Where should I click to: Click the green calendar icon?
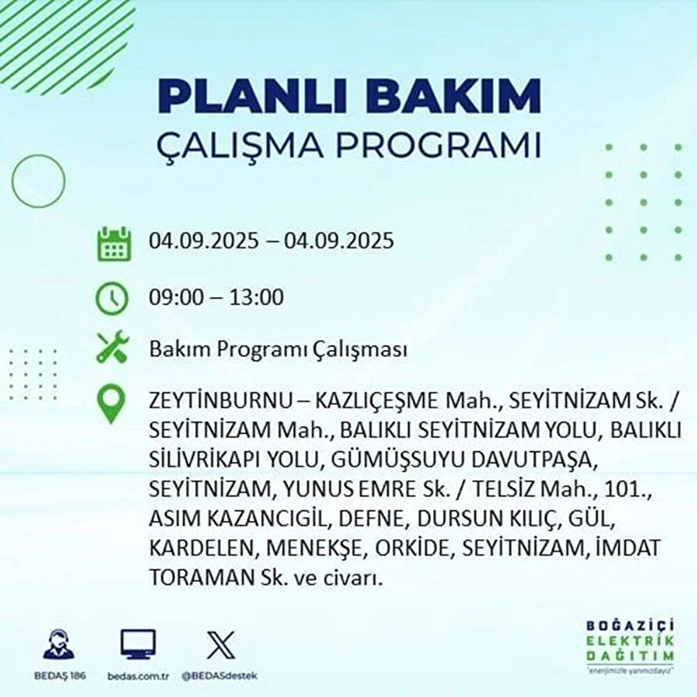[112, 243]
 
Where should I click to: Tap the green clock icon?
[112, 299]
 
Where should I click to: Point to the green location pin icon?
[111, 405]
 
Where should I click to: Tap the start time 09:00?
[177, 297]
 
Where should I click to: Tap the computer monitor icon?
[138, 644]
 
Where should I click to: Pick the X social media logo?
[220, 644]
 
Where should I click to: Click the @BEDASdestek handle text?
[220, 676]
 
